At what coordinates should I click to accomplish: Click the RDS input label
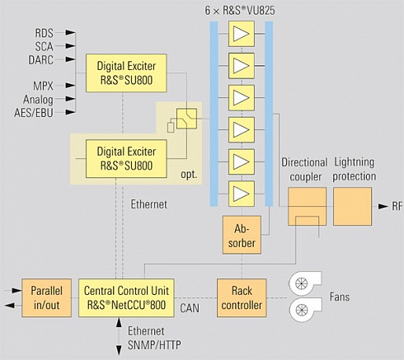(44, 33)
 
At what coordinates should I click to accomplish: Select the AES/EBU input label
(34, 113)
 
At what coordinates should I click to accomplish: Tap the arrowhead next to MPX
(70, 86)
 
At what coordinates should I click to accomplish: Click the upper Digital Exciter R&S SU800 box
(126, 73)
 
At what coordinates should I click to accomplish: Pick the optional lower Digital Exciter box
(126, 159)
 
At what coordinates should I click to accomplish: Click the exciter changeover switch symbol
(186, 119)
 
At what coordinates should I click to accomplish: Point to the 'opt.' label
(189, 175)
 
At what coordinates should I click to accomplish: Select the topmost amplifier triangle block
(242, 34)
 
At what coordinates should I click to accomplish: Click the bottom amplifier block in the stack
(242, 194)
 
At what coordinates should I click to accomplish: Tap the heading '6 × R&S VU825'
(240, 11)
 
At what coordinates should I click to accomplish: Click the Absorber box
(242, 235)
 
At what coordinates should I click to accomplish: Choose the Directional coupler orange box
(308, 207)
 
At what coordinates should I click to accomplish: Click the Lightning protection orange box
(352, 207)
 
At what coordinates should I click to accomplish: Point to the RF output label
(397, 207)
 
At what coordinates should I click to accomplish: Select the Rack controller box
(242, 298)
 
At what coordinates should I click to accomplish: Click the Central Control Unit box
(126, 298)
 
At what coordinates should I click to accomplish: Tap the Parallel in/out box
(46, 298)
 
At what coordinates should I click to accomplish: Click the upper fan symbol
(304, 283)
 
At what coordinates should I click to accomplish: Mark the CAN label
(190, 308)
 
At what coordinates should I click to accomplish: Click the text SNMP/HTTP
(154, 345)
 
